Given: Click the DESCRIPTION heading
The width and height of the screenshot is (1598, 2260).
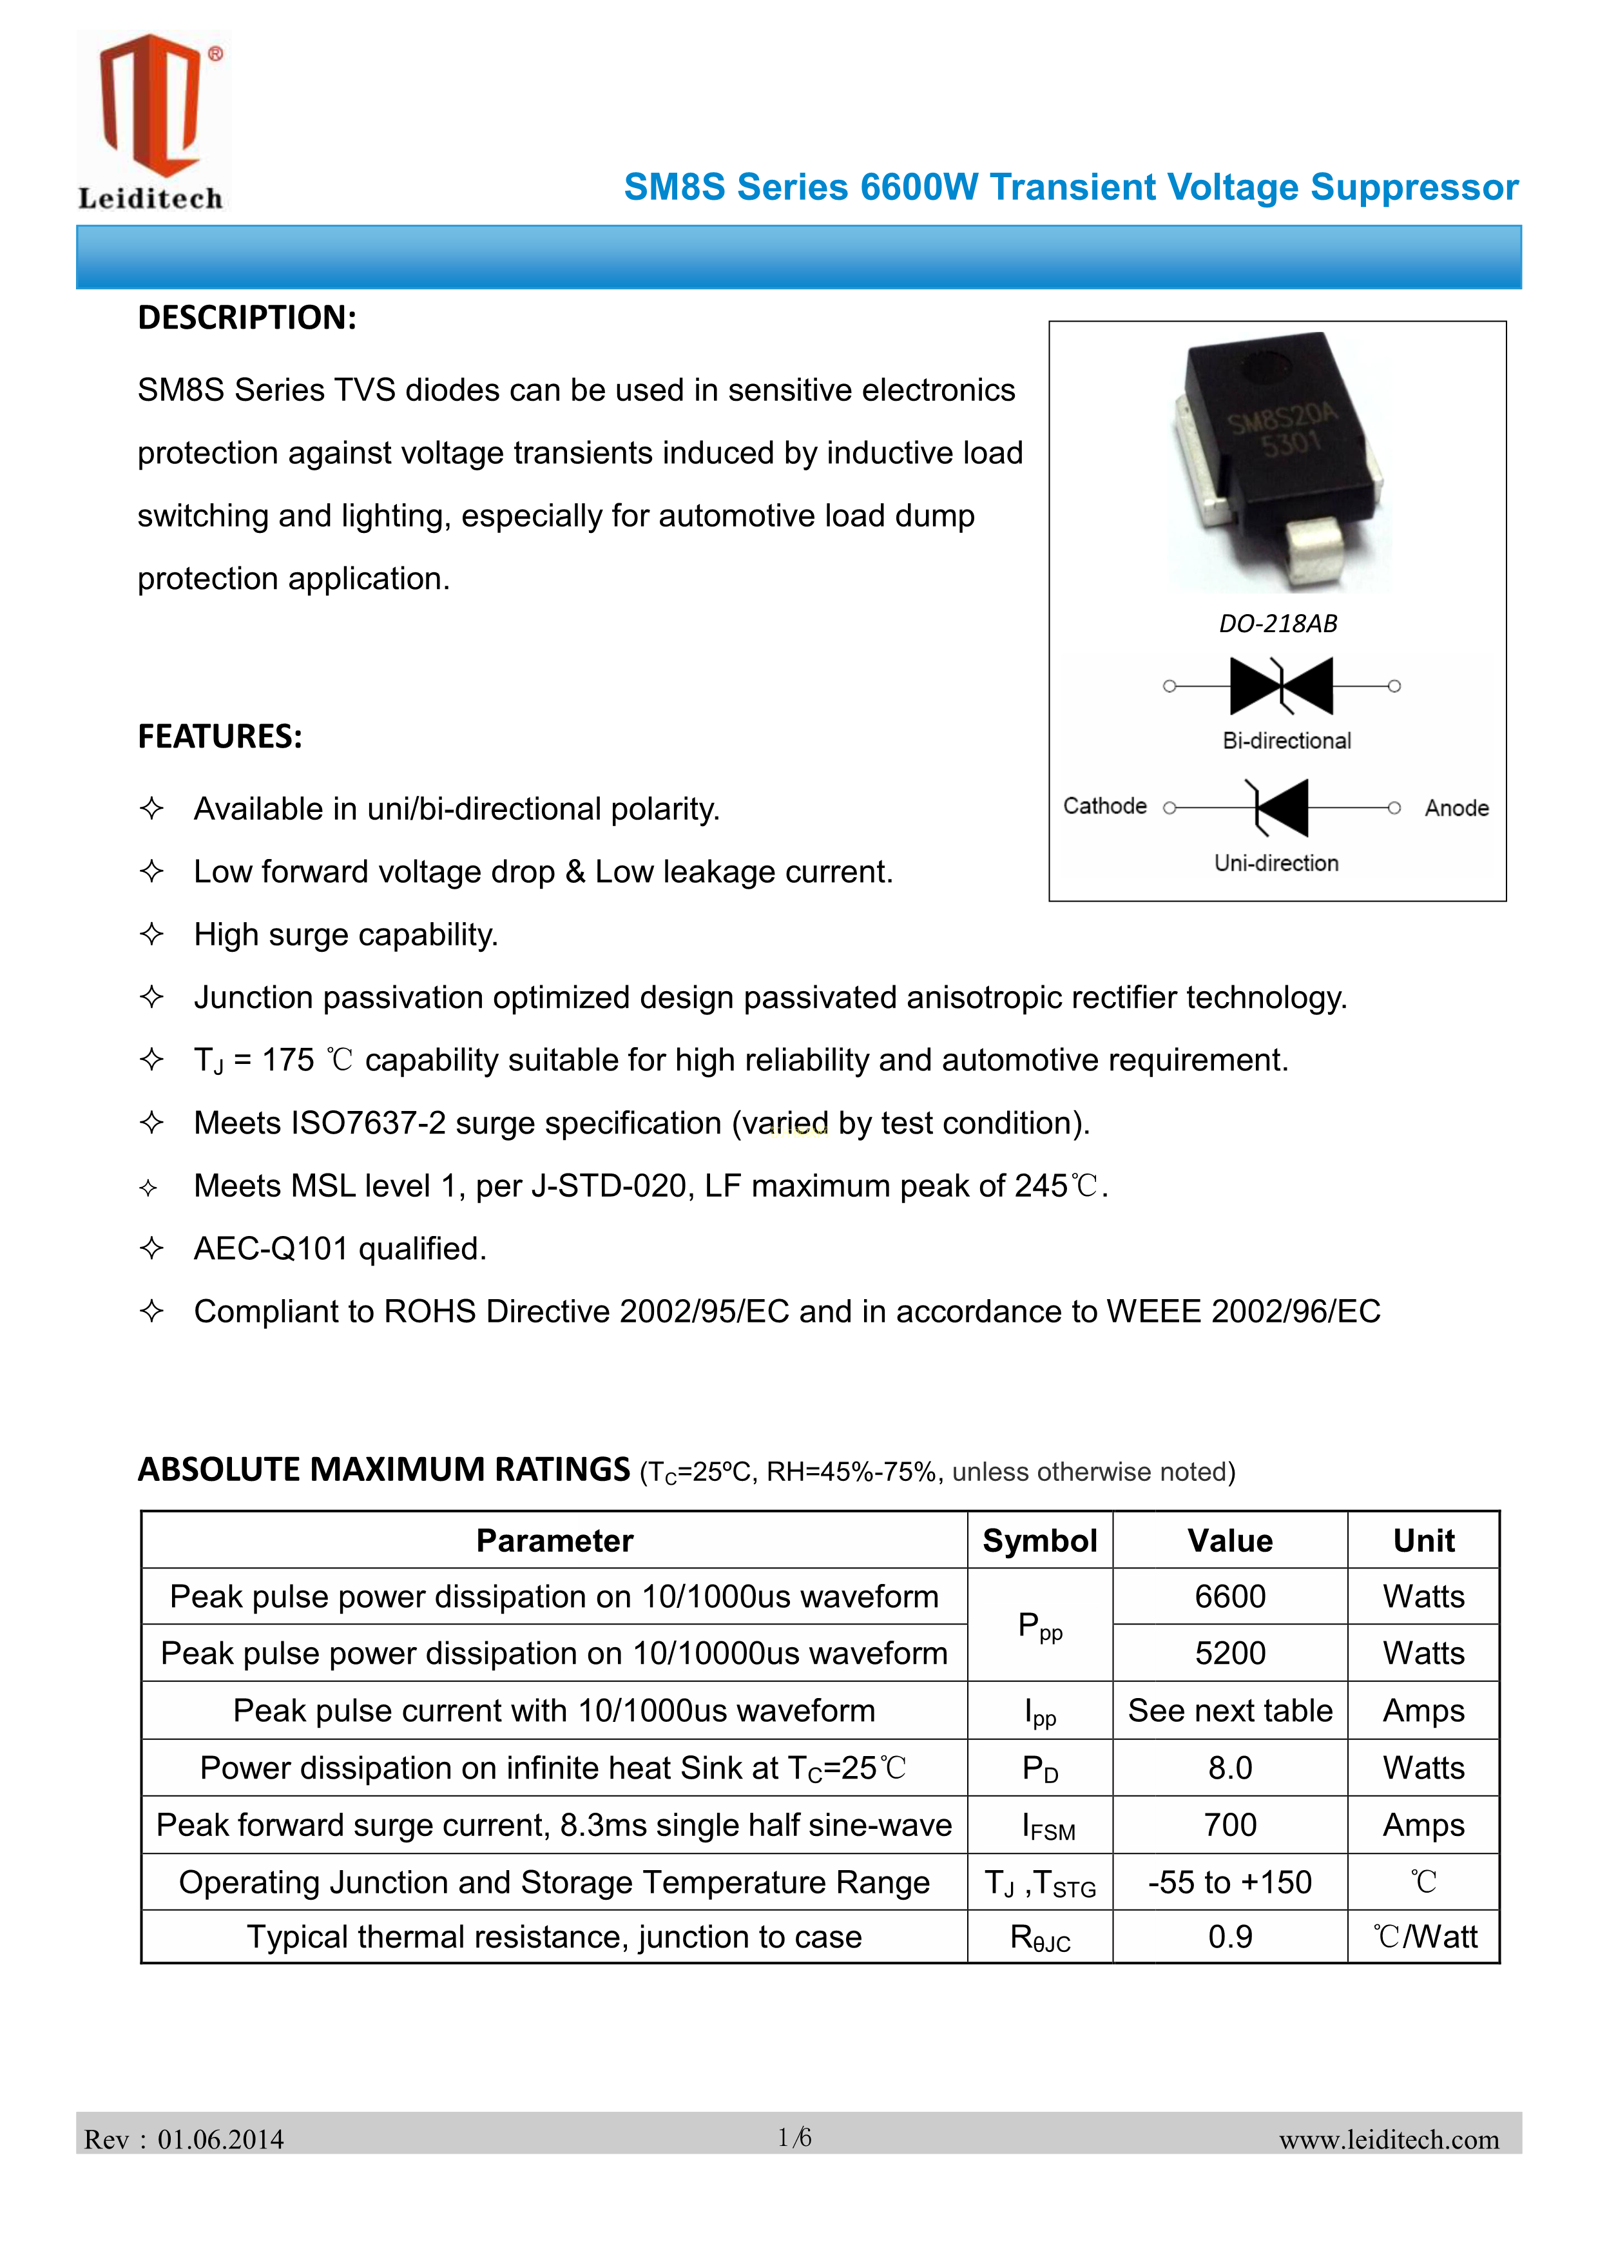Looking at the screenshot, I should pos(247,318).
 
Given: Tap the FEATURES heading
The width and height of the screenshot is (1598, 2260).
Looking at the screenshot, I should pos(220,737).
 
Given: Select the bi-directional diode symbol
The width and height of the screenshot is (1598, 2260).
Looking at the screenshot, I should pos(1281,686).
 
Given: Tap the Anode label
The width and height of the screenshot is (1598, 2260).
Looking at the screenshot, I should pos(1456,808).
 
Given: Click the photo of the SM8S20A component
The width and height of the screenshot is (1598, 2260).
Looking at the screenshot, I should pos(1277,461).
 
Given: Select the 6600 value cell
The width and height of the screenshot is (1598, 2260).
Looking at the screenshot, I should pos(1230,1597).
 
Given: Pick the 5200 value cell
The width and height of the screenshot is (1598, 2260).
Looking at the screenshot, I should pos(1230,1654).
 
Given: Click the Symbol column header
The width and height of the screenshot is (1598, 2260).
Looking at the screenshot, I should pos(1039,1540).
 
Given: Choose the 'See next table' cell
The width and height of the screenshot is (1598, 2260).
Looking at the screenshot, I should pos(1230,1711).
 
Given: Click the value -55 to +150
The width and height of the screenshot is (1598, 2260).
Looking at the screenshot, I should pos(1230,1883).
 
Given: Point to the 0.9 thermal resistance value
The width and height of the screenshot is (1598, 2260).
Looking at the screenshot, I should pos(1230,1937).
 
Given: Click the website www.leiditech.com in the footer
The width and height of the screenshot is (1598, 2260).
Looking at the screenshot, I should pos(1389,2140).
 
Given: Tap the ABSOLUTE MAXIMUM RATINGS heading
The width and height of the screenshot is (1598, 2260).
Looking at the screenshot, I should pos(384,1469).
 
